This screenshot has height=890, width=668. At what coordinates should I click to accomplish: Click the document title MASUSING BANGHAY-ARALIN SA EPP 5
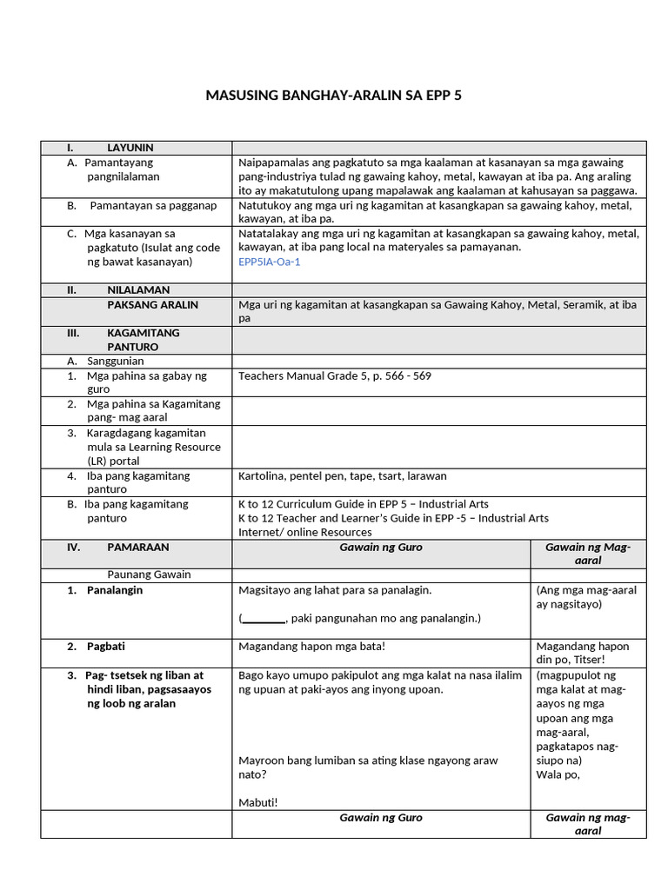click(333, 95)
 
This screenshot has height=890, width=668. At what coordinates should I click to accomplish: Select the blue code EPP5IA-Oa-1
click(269, 262)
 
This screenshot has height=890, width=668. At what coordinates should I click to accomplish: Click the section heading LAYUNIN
click(130, 148)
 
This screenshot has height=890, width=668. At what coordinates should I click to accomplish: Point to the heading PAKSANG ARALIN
click(152, 305)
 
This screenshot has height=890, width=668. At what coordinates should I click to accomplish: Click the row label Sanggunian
click(115, 361)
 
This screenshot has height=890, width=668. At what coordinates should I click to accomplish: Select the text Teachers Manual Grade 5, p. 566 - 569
click(334, 376)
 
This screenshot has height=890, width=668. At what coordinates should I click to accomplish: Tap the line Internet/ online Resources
click(304, 532)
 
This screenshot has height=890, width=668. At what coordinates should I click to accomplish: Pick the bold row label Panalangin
click(115, 590)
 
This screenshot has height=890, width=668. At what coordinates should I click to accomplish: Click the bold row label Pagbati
click(106, 647)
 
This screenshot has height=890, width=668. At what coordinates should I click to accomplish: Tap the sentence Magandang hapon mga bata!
click(311, 647)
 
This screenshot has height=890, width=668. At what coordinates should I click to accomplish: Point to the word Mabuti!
click(258, 802)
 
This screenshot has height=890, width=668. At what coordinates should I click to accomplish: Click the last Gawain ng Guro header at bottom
click(381, 818)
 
